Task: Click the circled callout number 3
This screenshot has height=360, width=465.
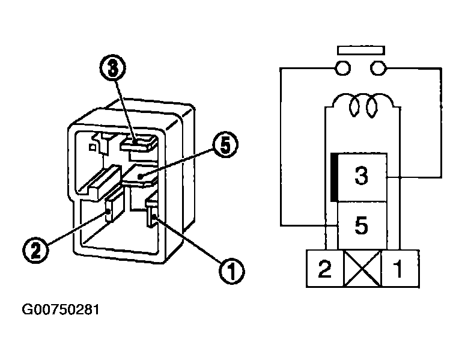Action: tap(113, 67)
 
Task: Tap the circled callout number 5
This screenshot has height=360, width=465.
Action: tap(225, 145)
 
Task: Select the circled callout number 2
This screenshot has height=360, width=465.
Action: tap(35, 251)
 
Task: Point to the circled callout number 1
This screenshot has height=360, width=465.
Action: tap(232, 271)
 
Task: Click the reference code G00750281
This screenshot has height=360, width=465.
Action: tap(61, 310)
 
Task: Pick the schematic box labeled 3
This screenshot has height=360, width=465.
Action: tap(362, 177)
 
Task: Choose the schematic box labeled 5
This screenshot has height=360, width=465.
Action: tap(362, 225)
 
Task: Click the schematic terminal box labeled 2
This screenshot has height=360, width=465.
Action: tap(325, 269)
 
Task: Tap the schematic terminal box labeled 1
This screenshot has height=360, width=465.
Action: tap(400, 269)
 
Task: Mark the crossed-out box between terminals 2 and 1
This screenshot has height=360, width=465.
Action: tap(363, 269)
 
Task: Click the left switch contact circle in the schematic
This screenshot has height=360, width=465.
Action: tap(342, 68)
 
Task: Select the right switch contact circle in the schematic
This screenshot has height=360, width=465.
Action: tap(378, 68)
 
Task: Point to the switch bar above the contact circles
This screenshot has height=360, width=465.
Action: tap(361, 50)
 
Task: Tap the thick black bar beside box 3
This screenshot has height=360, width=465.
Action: tap(334, 177)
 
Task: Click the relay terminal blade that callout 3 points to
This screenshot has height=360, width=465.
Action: tap(139, 144)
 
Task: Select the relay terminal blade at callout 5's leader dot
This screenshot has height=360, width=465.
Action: tap(139, 177)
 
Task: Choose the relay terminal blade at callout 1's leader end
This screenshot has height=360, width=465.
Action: tap(152, 215)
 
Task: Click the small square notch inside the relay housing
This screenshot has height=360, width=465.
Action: tap(93, 147)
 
